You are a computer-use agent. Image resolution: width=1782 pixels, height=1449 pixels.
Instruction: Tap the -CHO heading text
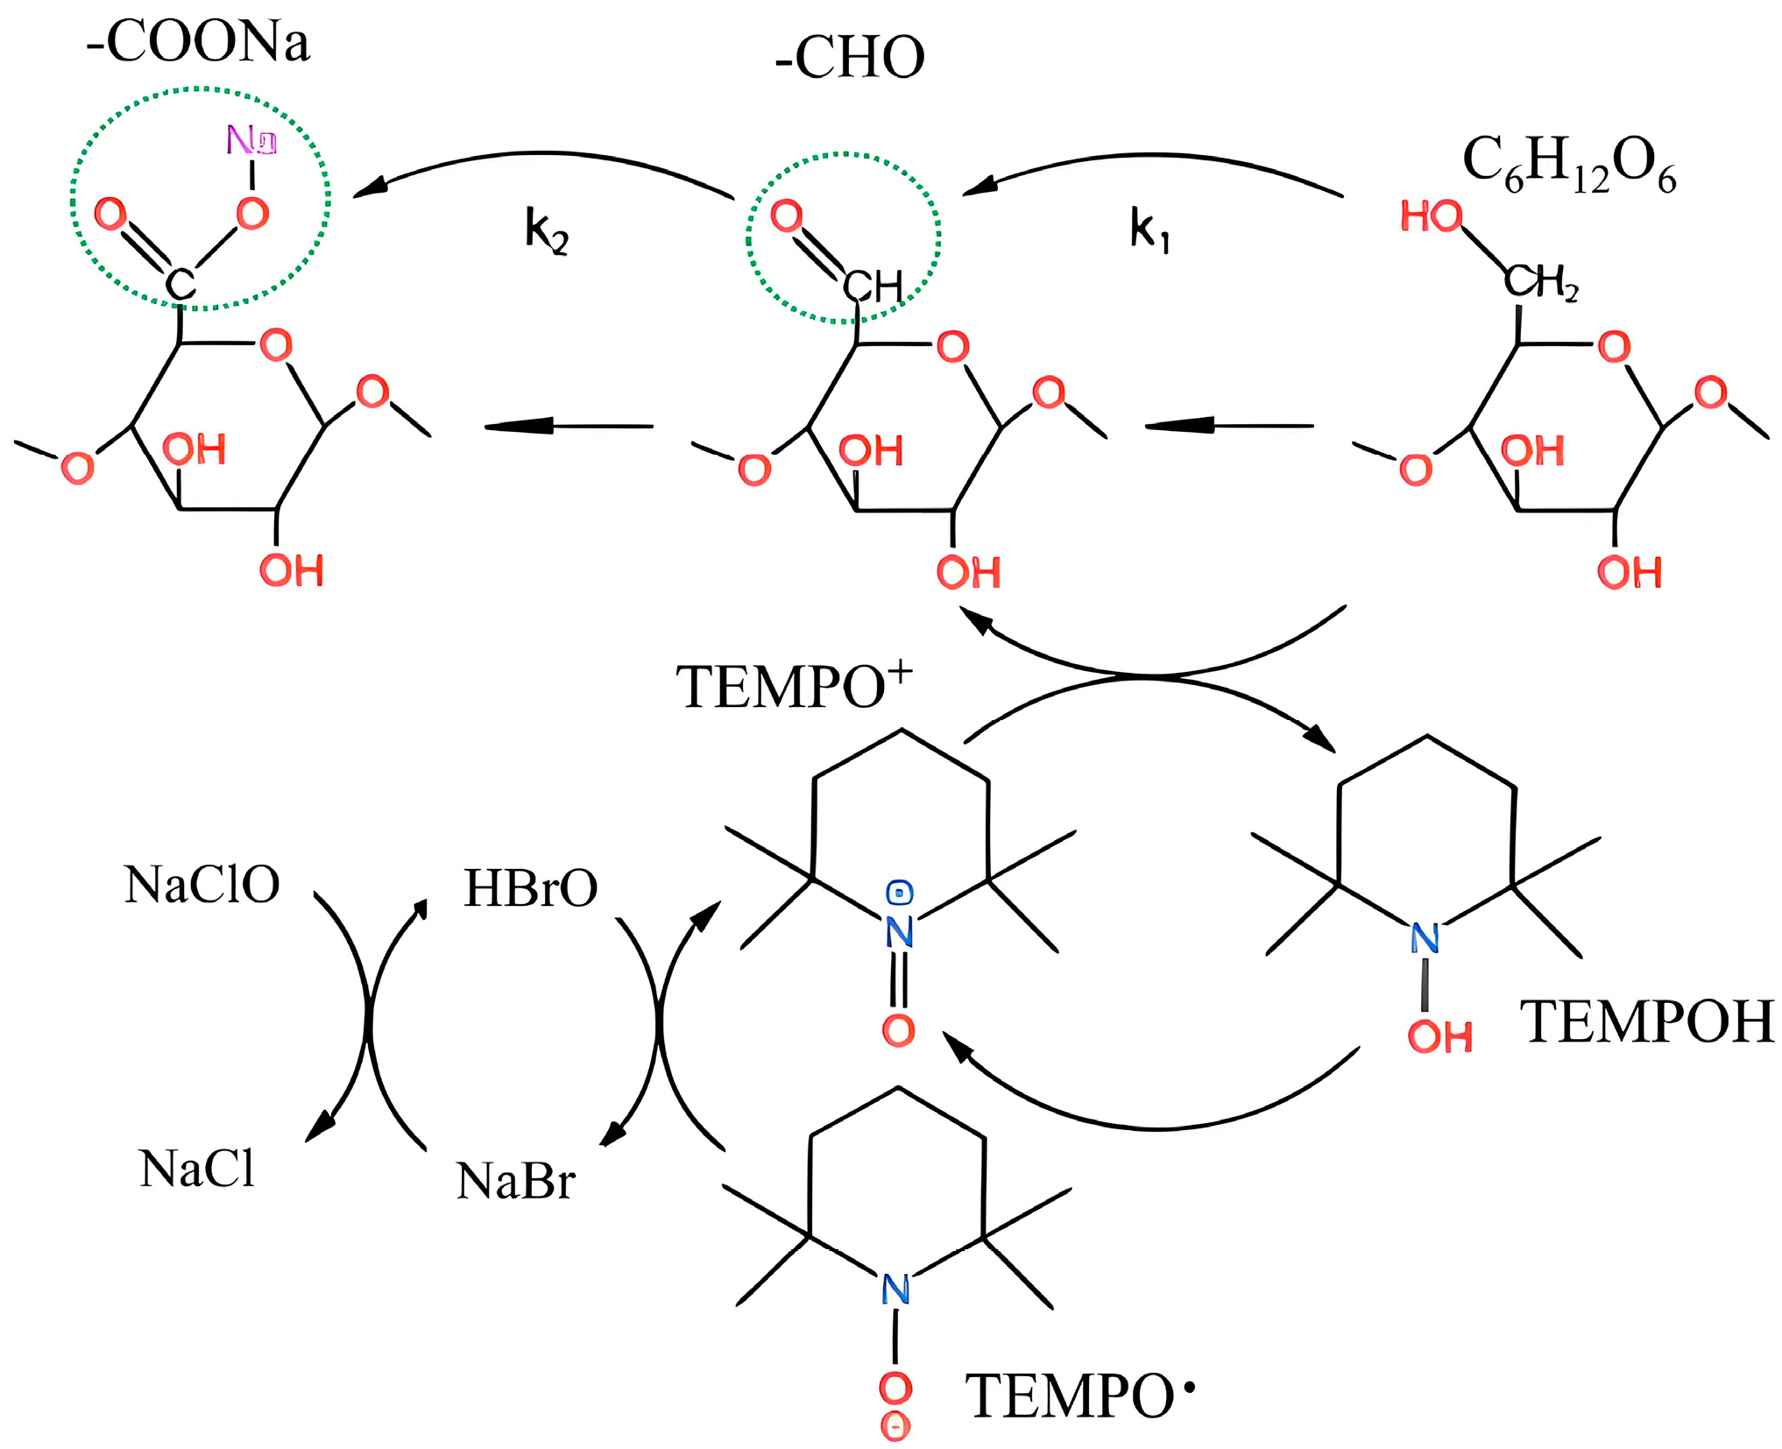[x=849, y=58]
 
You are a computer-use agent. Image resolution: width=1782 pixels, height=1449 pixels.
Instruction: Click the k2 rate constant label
[x=547, y=231]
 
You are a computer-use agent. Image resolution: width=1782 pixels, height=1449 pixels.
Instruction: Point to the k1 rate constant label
[x=1149, y=231]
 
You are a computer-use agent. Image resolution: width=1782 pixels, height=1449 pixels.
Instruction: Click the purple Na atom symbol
[x=251, y=140]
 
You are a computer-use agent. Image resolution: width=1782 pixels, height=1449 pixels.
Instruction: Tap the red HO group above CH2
[x=1431, y=216]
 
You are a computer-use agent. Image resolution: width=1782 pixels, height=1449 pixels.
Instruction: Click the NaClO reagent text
[x=202, y=885]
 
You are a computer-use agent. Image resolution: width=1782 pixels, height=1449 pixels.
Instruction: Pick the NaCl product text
[x=197, y=1170]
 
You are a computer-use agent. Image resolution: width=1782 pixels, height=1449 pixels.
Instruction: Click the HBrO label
[x=530, y=888]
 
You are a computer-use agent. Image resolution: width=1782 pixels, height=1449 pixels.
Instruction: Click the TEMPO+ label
[x=793, y=686]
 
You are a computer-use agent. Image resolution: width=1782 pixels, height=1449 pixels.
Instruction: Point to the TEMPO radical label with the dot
[x=1078, y=1396]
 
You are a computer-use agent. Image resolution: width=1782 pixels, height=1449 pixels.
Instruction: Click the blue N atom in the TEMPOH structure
[x=1425, y=939]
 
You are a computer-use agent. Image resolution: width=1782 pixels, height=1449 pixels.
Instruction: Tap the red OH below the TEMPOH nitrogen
[x=1439, y=1037]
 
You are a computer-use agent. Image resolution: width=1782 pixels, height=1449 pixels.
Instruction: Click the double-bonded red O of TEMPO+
[x=898, y=1030]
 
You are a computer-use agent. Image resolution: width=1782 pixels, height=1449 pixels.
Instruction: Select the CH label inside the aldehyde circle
[x=872, y=286]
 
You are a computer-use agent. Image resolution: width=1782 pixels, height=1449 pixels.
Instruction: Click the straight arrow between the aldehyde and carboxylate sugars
[x=569, y=427]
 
